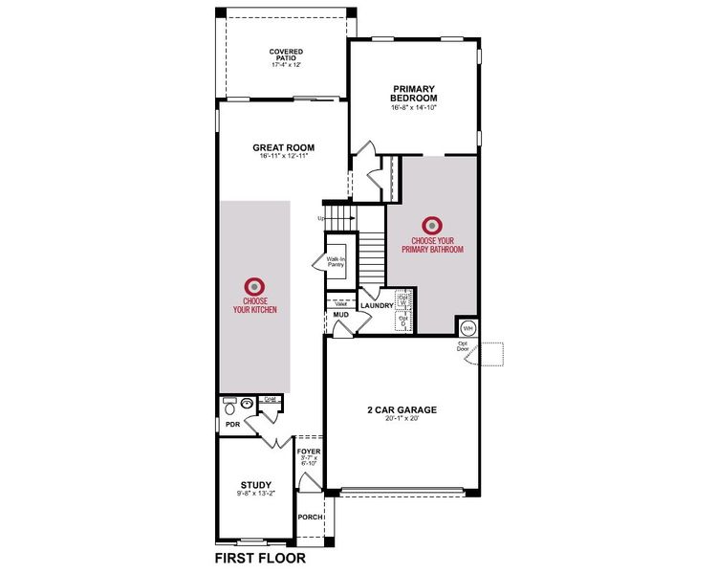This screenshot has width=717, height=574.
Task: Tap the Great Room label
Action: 283,148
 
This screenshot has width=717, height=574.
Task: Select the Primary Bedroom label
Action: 413,94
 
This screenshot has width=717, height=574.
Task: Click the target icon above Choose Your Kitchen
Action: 254,285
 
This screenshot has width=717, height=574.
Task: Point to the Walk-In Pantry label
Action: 336,260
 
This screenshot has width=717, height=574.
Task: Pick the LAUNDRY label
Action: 377,305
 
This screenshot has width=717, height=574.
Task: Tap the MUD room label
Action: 340,314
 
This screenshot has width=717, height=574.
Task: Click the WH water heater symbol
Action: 467,328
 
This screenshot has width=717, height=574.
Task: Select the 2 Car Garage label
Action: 402,409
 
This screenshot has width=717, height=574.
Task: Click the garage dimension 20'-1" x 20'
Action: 402,418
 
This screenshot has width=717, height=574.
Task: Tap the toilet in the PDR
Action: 229,405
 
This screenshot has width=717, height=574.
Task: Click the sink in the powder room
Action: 249,404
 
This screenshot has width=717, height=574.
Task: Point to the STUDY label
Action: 255,484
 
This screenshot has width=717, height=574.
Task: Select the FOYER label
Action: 309,451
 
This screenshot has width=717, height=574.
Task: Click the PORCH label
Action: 310,518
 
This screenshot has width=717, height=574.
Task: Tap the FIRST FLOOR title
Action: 260,557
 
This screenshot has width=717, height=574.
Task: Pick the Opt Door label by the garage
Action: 462,347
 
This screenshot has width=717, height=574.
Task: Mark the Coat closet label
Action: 271,400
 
